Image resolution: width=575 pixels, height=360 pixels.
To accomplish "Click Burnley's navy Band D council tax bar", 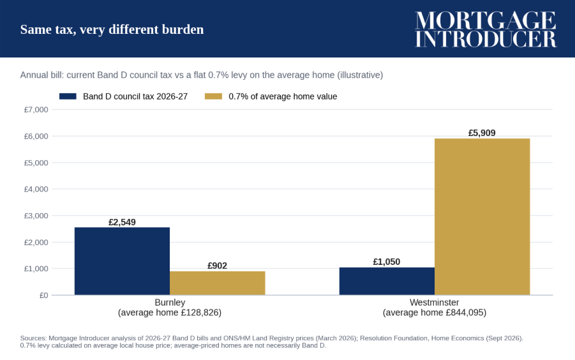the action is pyautogui.click(x=122, y=261).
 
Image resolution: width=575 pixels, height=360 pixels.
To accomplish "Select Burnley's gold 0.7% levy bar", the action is pyautogui.click(x=218, y=283).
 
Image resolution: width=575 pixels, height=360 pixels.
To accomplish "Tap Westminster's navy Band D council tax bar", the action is pyautogui.click(x=387, y=281).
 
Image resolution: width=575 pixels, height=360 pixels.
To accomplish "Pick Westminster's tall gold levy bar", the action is pyautogui.click(x=482, y=216).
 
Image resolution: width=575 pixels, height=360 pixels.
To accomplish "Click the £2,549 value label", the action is pyautogui.click(x=122, y=222).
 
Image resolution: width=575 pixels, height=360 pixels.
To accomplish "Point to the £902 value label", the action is pyautogui.click(x=218, y=266).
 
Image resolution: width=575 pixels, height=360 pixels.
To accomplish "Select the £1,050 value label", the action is pyautogui.click(x=387, y=262).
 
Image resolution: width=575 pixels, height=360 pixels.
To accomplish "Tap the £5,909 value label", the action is pyautogui.click(x=482, y=133).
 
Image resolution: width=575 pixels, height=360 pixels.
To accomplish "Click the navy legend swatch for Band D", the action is pyautogui.click(x=68, y=96).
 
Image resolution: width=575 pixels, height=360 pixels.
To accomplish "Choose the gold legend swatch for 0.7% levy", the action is pyautogui.click(x=213, y=96).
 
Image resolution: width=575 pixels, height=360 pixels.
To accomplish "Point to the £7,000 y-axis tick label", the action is pyautogui.click(x=36, y=110).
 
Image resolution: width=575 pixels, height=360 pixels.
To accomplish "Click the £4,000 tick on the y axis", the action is pyautogui.click(x=36, y=189).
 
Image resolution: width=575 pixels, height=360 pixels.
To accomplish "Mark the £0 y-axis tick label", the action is pyautogui.click(x=43, y=295).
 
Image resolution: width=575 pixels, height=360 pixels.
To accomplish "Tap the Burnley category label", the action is pyautogui.click(x=170, y=303).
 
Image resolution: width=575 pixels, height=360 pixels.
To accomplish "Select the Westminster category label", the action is pyautogui.click(x=434, y=303).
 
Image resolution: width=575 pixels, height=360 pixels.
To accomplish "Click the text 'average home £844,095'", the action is pyautogui.click(x=435, y=312).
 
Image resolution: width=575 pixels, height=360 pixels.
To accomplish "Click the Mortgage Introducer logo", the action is pyautogui.click(x=486, y=29).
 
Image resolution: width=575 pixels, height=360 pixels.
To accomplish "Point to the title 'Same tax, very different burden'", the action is pyautogui.click(x=112, y=29).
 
